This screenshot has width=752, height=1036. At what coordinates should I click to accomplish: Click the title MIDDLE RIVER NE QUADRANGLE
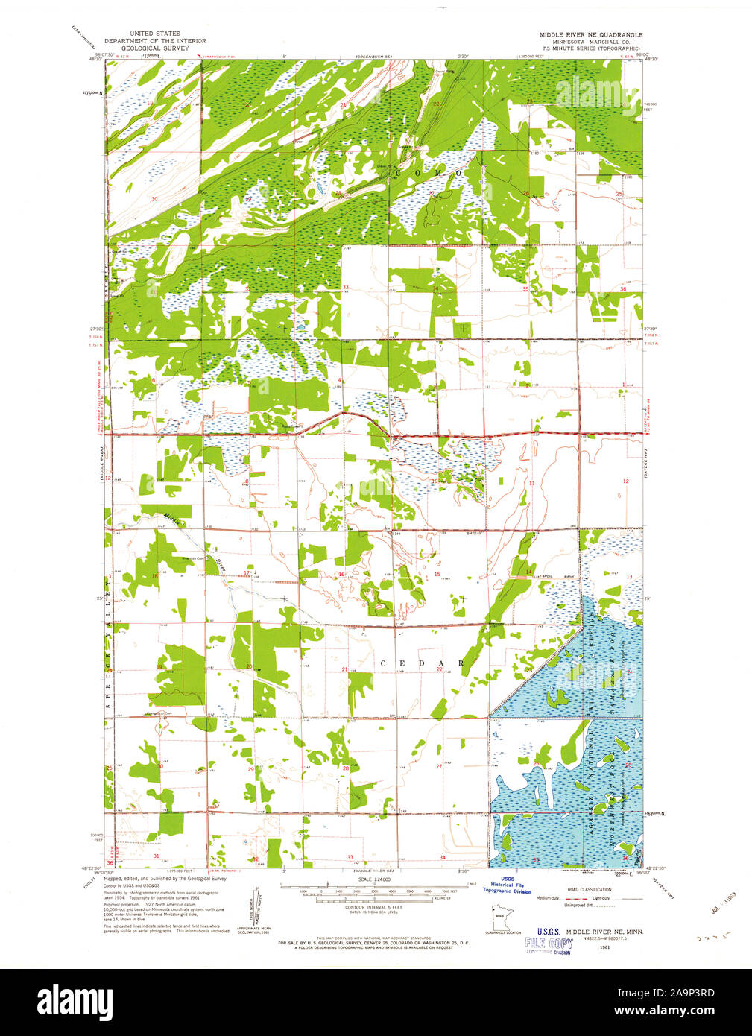pos(591,35)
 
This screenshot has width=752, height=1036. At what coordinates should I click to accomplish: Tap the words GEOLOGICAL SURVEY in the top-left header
pos(155,48)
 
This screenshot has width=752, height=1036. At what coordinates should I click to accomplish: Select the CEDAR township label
pos(423,663)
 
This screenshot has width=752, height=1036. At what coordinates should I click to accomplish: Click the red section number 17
pos(247,572)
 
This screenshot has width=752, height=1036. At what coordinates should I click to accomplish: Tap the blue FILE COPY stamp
pos(548,943)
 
